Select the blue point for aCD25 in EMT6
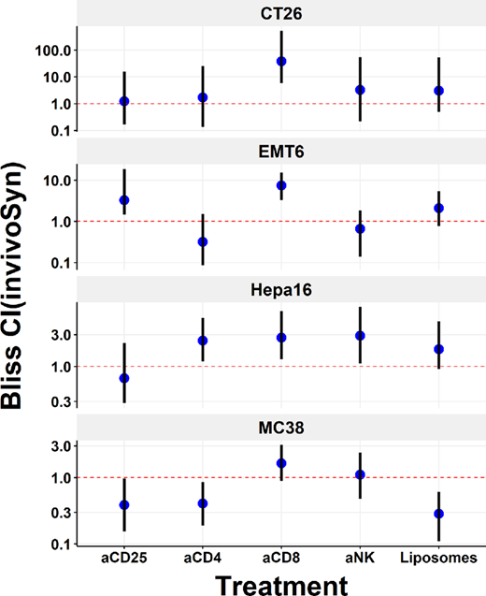click(x=124, y=200)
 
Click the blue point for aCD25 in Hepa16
click(x=124, y=378)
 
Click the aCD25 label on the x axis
click(x=124, y=559)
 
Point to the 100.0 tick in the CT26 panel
click(x=60, y=50)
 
